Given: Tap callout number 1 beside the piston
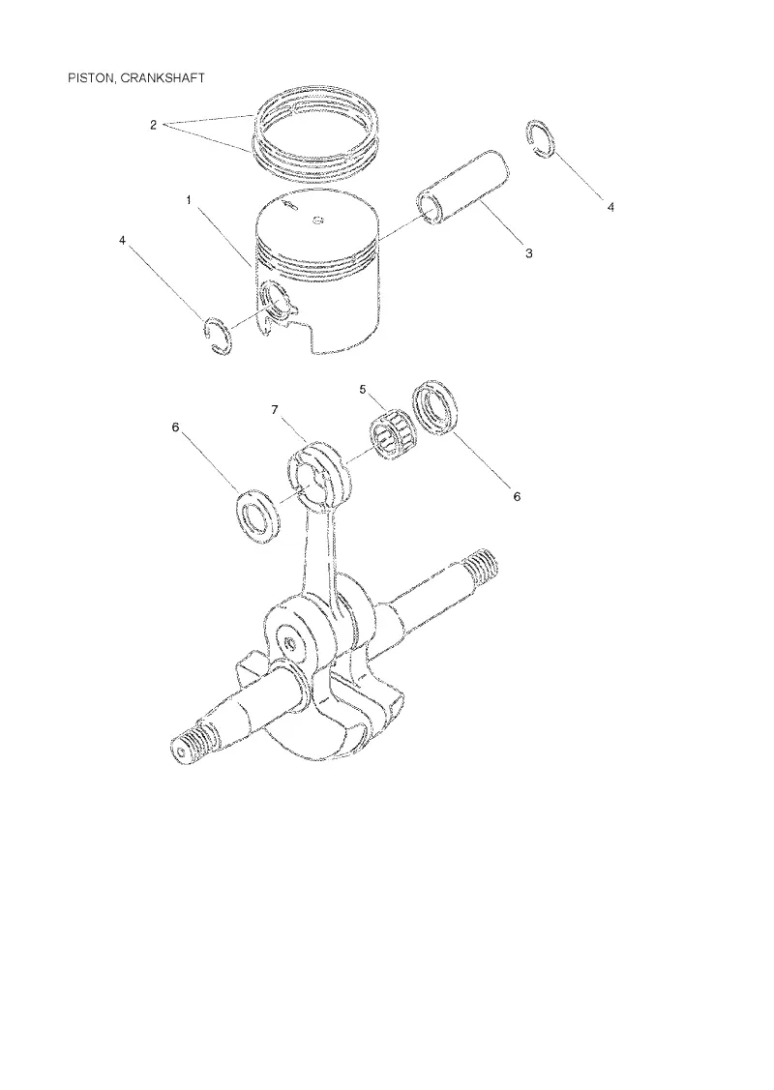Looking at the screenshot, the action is pos(189,200).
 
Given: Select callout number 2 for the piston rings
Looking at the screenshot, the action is pos(153,125).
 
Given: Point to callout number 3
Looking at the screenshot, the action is pos(529,253).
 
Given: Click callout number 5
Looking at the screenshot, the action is pos(362,389).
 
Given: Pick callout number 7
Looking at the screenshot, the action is pos(275,410).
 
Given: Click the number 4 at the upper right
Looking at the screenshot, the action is pos(610,207).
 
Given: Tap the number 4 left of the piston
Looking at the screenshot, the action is pos(123,240).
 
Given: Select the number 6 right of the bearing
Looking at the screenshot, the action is pos(517,496).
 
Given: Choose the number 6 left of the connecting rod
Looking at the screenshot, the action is pos(176,427).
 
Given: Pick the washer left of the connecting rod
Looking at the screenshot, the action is pos(258,516).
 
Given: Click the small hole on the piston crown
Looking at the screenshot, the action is pos(317,221).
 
